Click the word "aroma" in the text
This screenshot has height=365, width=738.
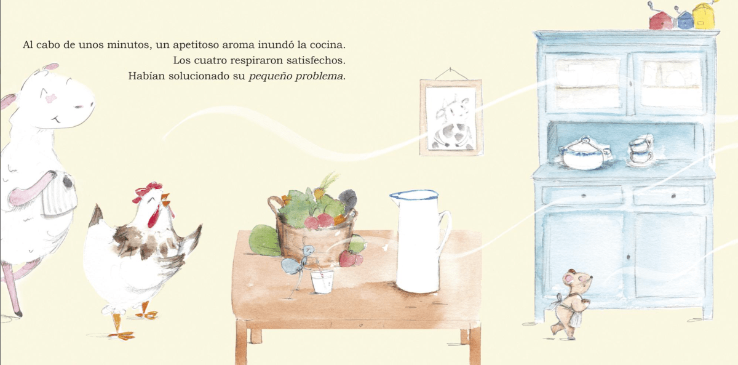coord(238,44)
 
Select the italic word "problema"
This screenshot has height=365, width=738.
coord(319,76)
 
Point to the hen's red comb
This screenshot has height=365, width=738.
coord(146,191)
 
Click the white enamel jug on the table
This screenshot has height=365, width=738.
coord(418,241)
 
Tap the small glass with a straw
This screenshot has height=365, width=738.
coord(322,281)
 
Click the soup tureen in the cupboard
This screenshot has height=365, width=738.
coord(583,154)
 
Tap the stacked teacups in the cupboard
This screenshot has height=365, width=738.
coord(641,150)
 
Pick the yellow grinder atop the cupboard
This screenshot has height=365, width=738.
coord(704,15)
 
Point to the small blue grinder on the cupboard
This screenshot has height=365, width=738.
coord(684,19)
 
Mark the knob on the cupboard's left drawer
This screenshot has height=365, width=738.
coord(584,196)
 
